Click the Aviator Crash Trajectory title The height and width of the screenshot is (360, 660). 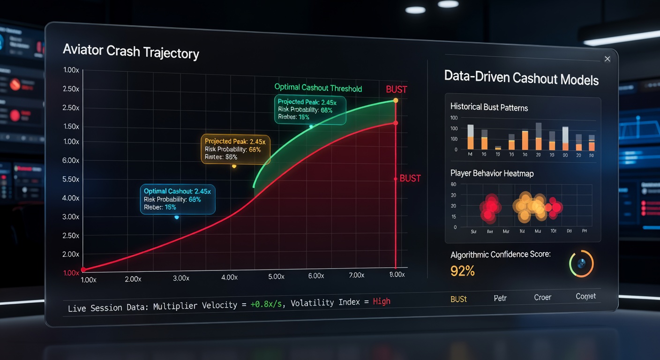point(131,51)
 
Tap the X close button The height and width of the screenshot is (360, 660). point(607,59)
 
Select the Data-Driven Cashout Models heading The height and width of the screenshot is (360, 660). point(521,78)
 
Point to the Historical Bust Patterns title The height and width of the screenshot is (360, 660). point(489,107)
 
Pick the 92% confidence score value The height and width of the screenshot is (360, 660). point(463,270)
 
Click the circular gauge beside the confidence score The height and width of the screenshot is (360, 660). point(581,264)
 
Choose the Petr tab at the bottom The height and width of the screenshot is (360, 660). point(500,298)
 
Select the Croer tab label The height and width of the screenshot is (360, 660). point(542,297)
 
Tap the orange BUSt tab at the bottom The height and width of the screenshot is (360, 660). point(458,299)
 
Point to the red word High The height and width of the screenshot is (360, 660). point(382,301)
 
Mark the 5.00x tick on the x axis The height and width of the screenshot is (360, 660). point(276,277)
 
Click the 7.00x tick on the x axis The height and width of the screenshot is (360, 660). point(357,275)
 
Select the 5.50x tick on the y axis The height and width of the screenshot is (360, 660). point(71,179)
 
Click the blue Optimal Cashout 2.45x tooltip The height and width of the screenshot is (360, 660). point(178,199)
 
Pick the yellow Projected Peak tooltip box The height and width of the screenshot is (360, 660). point(235,149)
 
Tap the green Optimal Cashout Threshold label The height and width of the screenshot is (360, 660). point(318,88)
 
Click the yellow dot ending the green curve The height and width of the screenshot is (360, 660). point(396,100)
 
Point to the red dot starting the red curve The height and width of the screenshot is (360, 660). point(83,270)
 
